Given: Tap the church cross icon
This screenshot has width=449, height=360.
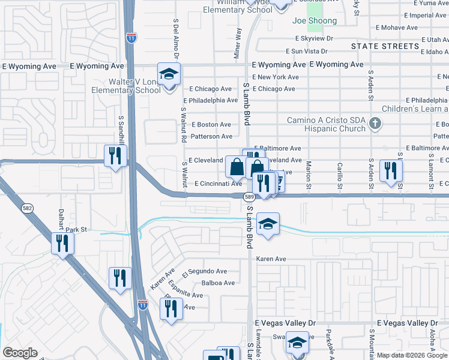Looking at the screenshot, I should [375, 124].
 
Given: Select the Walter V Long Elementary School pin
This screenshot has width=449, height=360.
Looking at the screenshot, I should [169, 74].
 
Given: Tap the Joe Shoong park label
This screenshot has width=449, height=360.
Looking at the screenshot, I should [314, 21].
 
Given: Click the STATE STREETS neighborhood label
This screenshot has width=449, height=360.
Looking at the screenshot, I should [385, 46].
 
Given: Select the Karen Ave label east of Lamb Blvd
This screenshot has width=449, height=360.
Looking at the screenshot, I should [271, 259].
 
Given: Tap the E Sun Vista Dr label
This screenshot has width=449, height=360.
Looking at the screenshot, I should [307, 52].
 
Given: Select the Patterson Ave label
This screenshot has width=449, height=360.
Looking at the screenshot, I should [211, 137].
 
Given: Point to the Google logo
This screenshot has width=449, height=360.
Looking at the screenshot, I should [20, 353].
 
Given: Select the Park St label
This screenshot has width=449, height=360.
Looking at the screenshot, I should [77, 229].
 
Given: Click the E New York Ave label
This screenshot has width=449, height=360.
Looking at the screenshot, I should [276, 77].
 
